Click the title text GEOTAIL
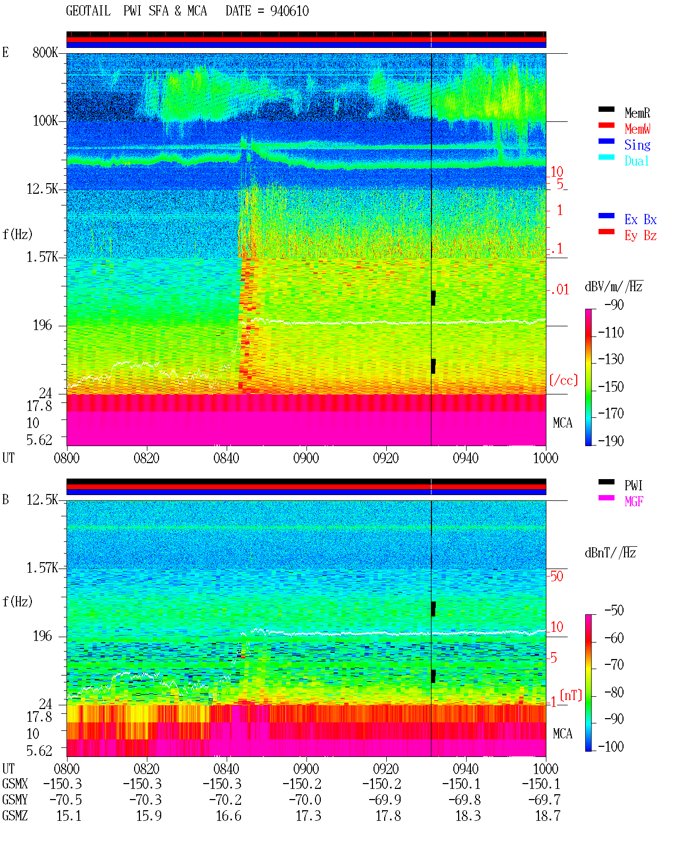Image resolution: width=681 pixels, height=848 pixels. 88,11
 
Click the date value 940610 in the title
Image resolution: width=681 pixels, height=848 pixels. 289,11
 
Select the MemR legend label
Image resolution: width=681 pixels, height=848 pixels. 637,113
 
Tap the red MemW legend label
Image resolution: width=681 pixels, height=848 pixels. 637,129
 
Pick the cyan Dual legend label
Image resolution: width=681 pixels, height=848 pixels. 637,161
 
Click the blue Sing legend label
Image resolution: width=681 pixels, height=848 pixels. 637,145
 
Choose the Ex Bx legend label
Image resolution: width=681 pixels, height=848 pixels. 641,219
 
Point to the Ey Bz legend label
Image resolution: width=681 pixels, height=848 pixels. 641,236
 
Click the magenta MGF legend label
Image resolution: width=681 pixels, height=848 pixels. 634,501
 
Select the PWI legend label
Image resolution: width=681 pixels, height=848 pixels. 634,485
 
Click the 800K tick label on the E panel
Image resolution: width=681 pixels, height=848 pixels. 45,52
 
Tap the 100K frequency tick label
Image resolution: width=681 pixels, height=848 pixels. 45,121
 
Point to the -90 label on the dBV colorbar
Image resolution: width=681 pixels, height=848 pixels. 614,304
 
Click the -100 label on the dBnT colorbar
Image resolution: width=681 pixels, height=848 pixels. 611,746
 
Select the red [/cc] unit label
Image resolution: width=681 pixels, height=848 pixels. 563,380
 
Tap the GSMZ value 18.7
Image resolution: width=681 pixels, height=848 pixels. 547,816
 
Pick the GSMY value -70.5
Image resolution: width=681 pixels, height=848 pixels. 65,800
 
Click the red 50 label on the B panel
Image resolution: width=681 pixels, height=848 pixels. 557,577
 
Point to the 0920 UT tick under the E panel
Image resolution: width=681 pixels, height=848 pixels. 386,458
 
